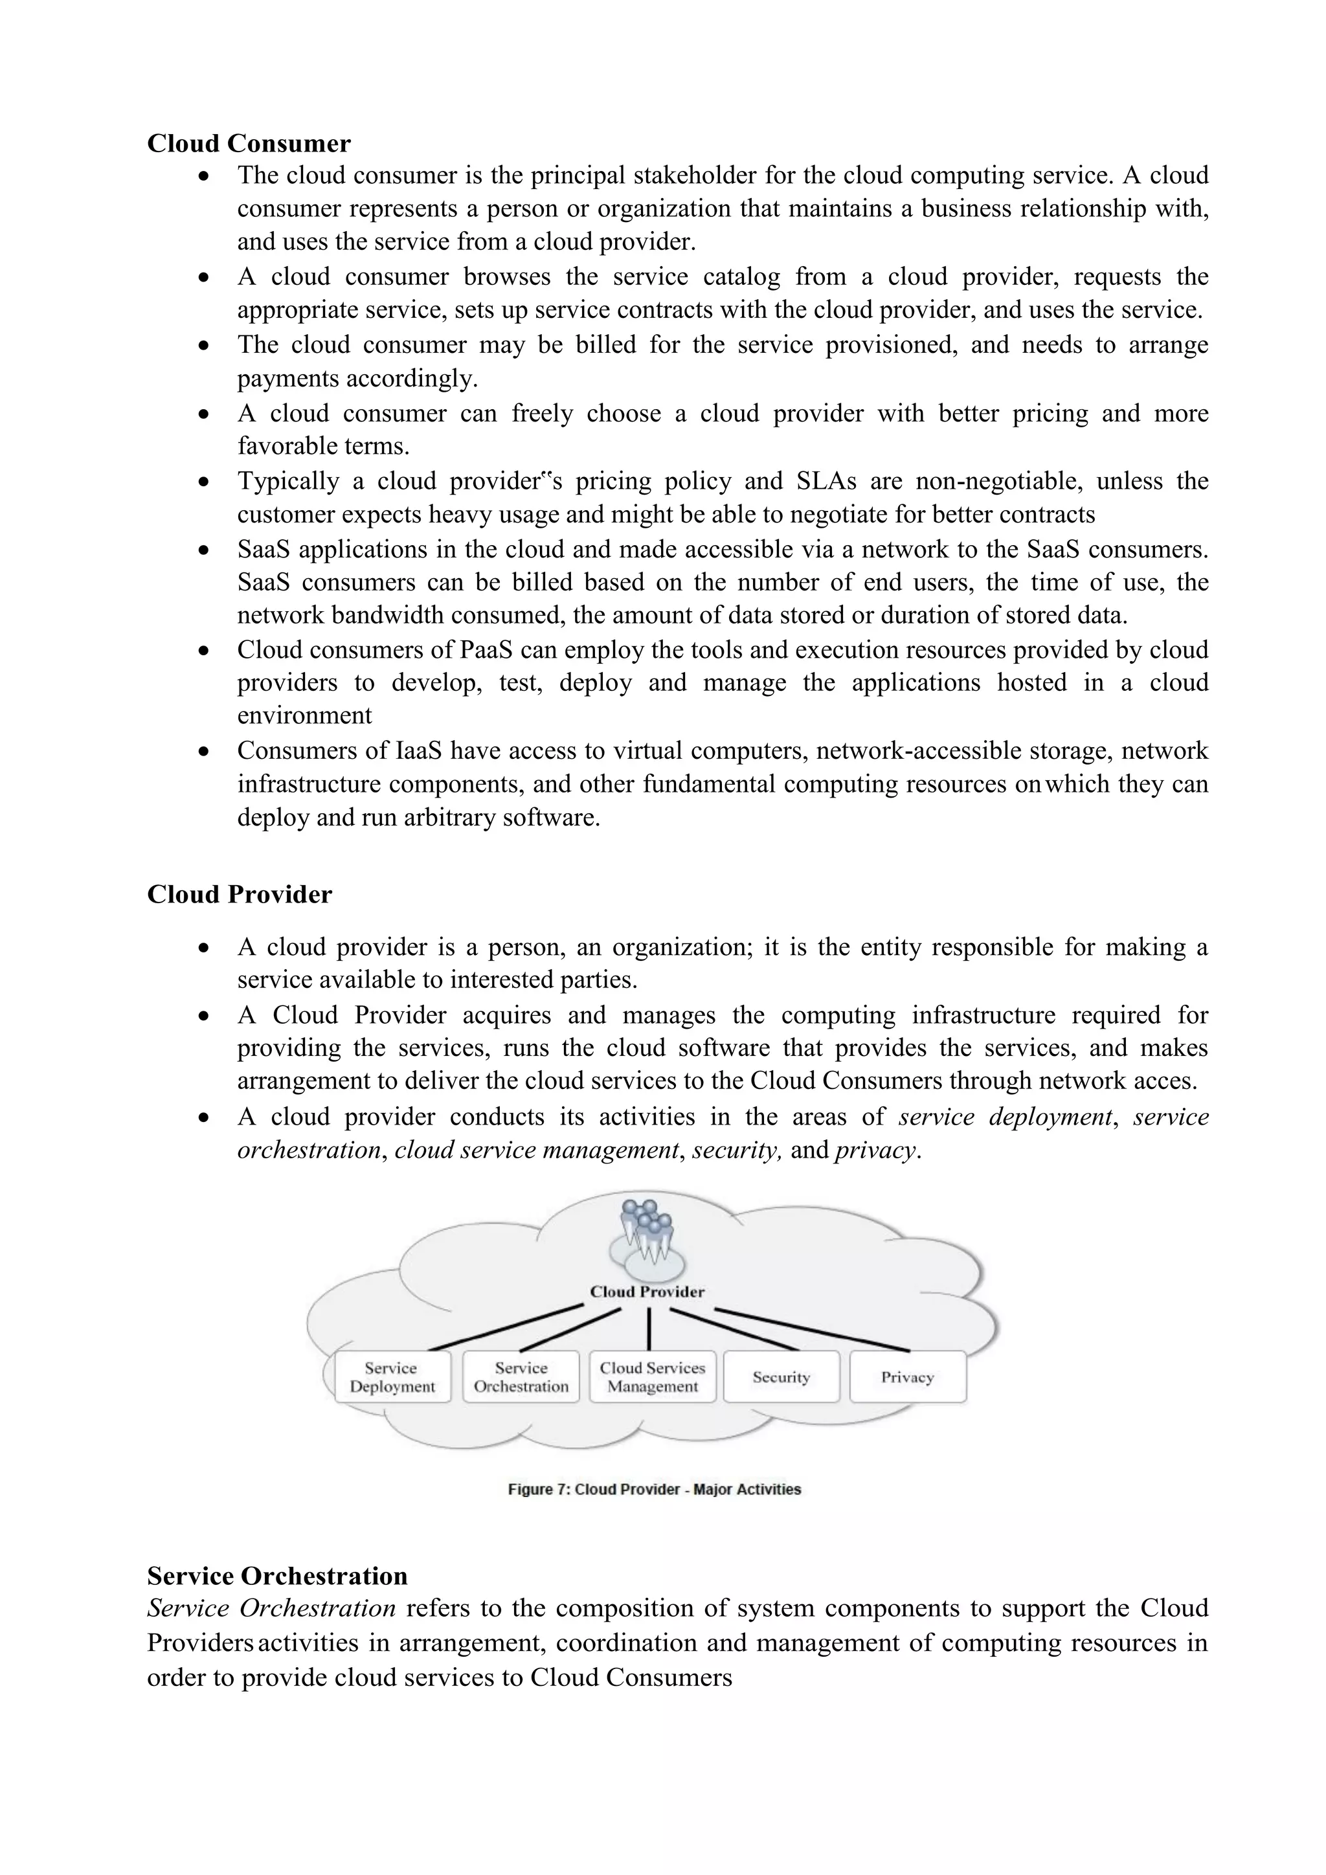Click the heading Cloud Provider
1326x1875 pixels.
tap(239, 894)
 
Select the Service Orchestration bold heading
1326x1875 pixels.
tap(277, 1575)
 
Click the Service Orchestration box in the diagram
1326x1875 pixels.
tap(521, 1377)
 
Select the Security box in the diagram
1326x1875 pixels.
tap(781, 1377)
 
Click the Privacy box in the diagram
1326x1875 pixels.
tap(907, 1377)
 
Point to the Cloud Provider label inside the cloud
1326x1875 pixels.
tap(647, 1292)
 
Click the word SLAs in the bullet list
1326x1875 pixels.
tap(826, 481)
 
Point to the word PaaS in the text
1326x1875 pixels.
tap(486, 650)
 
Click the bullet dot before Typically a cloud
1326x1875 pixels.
tap(203, 482)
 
